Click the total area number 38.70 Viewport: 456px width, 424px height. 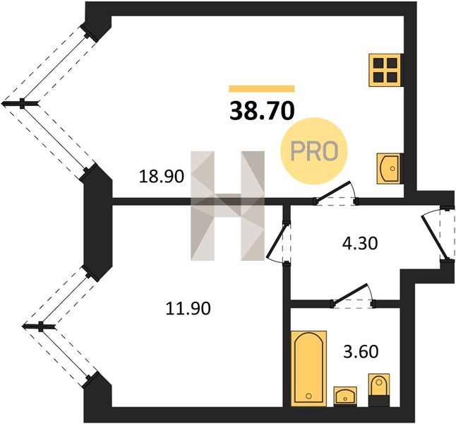tap(262, 111)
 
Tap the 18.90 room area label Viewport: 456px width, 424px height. tap(162, 177)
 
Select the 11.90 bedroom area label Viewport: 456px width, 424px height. tap(188, 308)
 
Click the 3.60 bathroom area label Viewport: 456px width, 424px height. tap(361, 351)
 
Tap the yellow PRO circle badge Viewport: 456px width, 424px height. tap(314, 151)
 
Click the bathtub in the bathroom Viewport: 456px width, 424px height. tap(309, 368)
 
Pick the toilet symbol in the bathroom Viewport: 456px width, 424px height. tap(378, 389)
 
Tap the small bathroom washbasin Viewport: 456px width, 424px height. tap(345, 396)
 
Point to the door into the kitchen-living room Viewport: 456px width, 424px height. tap(335, 193)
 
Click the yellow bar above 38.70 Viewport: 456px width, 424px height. tap(262, 88)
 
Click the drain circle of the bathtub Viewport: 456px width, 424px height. tap(308, 396)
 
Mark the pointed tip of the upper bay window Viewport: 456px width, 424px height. tap(2, 103)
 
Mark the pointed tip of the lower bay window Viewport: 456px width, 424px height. tap(23, 326)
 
